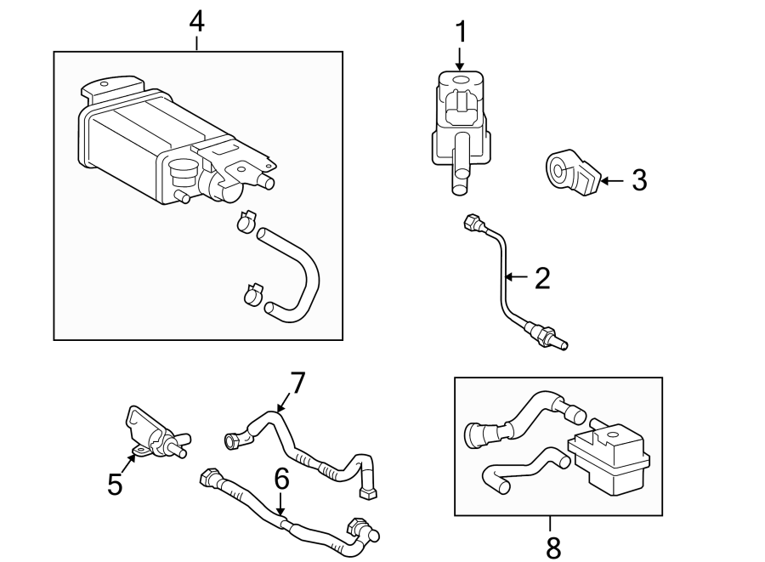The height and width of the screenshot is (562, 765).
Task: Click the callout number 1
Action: pos(460,32)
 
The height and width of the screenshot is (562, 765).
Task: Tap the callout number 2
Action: pos(541,277)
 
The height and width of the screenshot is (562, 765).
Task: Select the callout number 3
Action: pos(638,180)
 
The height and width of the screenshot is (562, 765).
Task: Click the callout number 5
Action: pos(116,485)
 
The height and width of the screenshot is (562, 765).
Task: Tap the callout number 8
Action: pos(553,548)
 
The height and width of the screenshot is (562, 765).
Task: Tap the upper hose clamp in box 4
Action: pos(246,221)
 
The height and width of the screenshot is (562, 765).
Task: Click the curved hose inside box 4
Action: pos(297,272)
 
